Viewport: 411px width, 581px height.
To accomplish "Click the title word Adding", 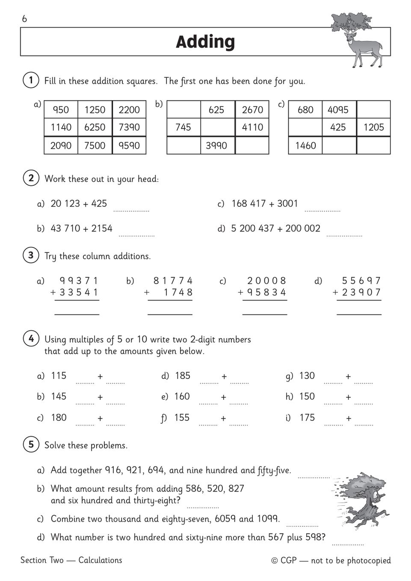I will pos(205,42).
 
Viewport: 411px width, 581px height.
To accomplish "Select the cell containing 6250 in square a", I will pos(95,127).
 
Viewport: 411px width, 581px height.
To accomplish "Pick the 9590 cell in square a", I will pos(129,146).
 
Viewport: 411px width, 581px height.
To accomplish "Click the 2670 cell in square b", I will pos(252,110).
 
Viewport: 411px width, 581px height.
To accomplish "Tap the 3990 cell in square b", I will pos(216,146).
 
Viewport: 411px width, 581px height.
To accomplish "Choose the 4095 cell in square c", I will pos(338,110).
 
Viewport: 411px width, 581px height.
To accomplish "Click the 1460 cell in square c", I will pos(305,146).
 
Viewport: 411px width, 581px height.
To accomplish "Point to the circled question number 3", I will pos(31,255).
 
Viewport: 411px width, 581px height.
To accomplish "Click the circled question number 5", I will pos(31,445).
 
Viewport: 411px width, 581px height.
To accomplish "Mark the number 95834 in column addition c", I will pos(268,292).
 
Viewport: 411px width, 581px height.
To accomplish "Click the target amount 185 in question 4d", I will pos(182,376).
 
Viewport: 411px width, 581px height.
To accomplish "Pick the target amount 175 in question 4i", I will pos(307,417).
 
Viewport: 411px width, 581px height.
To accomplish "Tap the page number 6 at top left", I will pos(24,19).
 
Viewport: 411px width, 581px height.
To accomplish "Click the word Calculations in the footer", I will pos(100,560).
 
